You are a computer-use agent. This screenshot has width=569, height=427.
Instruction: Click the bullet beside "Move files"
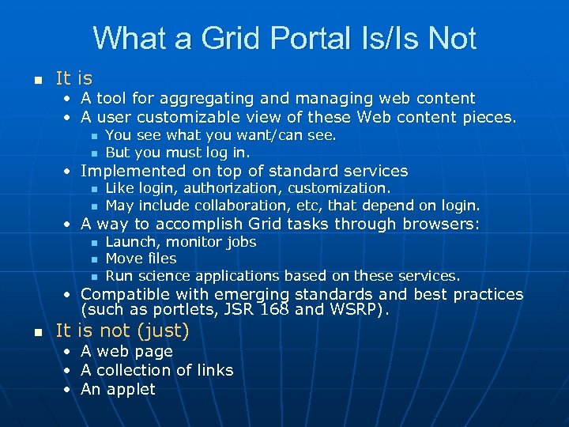pos(94,259)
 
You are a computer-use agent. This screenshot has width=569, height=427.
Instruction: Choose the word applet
pos(130,389)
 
